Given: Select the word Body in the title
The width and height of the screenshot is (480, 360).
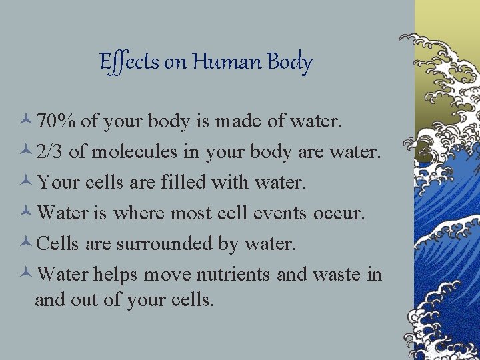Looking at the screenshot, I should (289, 62).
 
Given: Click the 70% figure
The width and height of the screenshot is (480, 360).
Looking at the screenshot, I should (57, 122).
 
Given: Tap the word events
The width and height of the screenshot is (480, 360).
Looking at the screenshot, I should (275, 213).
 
